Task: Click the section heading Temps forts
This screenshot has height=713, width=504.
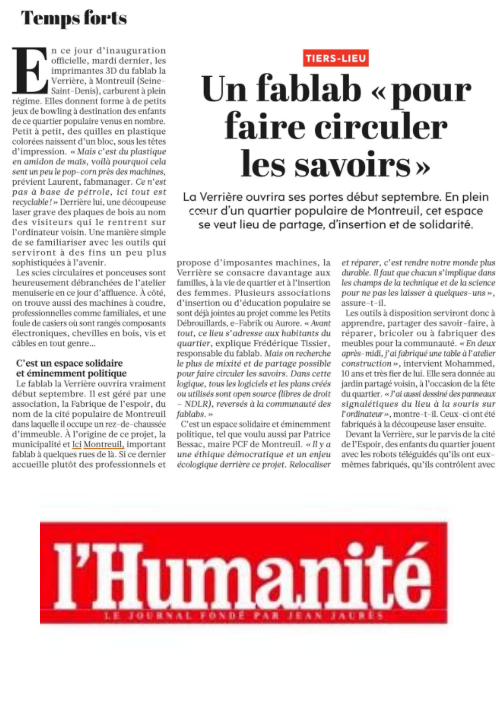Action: pos(74,18)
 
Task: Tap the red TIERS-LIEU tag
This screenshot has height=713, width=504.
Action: pos(336,58)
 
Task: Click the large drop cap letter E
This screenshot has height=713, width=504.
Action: pos(30,70)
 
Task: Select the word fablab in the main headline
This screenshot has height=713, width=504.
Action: pos(309,89)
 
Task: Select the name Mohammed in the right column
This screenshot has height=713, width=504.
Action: pos(473,364)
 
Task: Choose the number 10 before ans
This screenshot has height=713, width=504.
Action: pos(345,374)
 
